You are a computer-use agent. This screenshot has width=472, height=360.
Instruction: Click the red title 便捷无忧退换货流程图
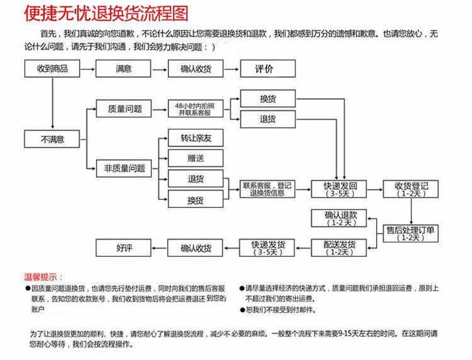(x=106, y=13)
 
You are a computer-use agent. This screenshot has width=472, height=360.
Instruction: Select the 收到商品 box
(x=52, y=69)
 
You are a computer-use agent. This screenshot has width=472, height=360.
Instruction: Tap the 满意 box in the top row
(x=123, y=69)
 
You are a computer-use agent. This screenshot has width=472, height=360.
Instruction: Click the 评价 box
(x=267, y=69)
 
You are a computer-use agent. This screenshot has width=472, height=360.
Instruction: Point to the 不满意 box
(x=52, y=139)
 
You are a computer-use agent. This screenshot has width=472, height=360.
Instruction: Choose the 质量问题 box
(x=124, y=109)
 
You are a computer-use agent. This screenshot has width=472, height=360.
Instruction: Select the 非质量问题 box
(x=124, y=168)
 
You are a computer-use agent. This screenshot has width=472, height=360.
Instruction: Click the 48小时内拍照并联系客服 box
(x=196, y=109)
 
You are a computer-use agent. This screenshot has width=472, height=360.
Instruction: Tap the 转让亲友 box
(x=196, y=138)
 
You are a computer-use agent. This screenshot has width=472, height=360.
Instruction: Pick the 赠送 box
(x=196, y=159)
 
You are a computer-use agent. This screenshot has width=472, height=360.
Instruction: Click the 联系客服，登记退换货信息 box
(x=267, y=189)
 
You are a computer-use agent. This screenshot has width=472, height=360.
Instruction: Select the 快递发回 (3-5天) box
(x=339, y=189)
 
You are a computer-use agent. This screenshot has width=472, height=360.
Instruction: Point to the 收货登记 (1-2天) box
(x=410, y=189)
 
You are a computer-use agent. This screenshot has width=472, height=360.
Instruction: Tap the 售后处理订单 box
(x=410, y=233)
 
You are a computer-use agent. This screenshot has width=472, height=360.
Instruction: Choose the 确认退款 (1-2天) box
(x=339, y=218)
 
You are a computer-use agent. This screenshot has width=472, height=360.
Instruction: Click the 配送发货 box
(x=339, y=248)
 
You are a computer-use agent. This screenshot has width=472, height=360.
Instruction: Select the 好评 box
(x=123, y=248)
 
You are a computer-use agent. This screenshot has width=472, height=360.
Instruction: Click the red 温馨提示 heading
(x=43, y=277)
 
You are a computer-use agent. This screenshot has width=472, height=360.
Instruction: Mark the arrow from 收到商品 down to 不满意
(x=53, y=104)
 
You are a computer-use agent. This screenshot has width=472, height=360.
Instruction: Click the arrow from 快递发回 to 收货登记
(x=375, y=189)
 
